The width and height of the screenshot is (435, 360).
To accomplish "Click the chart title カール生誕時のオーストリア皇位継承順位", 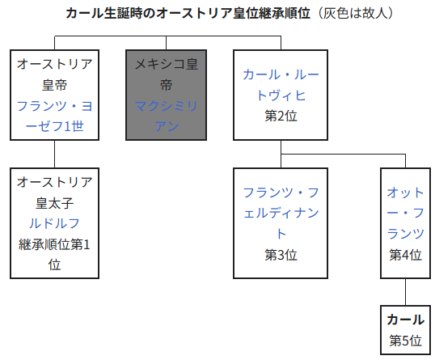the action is pyautogui.click(x=188, y=13).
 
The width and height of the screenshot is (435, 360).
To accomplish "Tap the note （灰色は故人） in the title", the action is pyautogui.click(x=354, y=13).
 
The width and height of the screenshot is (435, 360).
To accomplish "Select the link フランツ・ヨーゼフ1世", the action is pyautogui.click(x=55, y=116).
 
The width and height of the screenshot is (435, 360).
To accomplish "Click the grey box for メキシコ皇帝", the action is pyautogui.click(x=166, y=95).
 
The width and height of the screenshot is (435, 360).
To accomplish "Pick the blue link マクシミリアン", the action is pyautogui.click(x=166, y=116).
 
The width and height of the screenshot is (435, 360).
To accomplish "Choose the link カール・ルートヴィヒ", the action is pyautogui.click(x=281, y=85).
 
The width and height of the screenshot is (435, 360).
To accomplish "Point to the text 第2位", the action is pyautogui.click(x=281, y=116).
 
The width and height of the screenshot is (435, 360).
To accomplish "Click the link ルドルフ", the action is pyautogui.click(x=55, y=223).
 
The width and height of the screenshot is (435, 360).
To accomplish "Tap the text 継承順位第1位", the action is pyautogui.click(x=55, y=255).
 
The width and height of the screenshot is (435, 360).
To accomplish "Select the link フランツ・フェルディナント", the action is pyautogui.click(x=281, y=214).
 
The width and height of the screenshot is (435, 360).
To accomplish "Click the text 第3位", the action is pyautogui.click(x=281, y=255).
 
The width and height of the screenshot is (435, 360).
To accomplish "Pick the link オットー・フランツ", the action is pyautogui.click(x=405, y=214).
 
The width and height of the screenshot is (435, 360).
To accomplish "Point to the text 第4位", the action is pyautogui.click(x=405, y=255).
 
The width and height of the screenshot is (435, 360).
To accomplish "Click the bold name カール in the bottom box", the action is pyautogui.click(x=405, y=320).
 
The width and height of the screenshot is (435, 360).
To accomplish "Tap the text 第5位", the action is pyautogui.click(x=405, y=341).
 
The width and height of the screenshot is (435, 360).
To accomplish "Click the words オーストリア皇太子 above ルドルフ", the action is pyautogui.click(x=55, y=193).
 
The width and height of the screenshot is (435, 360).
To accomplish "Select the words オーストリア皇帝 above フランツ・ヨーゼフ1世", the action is pyautogui.click(x=55, y=74).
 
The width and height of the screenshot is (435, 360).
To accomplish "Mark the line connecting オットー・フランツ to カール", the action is pyautogui.click(x=405, y=292).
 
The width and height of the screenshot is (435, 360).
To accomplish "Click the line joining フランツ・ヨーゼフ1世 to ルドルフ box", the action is pyautogui.click(x=55, y=154).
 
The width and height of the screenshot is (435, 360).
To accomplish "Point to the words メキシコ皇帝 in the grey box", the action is pyautogui.click(x=166, y=74).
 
